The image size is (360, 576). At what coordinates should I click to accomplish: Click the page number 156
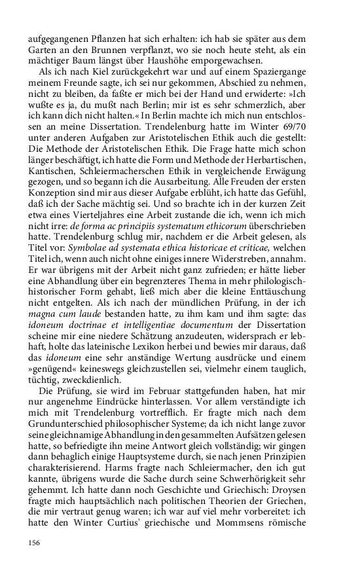click(x=35, y=542)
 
